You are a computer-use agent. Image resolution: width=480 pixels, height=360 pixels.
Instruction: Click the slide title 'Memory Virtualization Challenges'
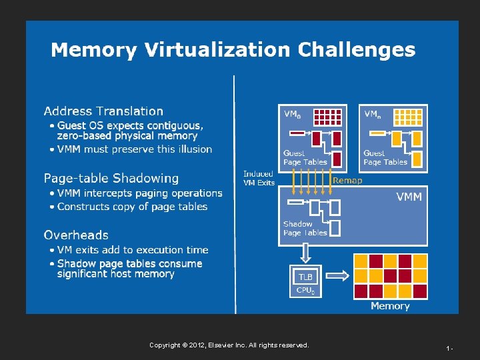233,50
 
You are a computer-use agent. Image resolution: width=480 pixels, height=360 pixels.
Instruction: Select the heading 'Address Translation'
103,111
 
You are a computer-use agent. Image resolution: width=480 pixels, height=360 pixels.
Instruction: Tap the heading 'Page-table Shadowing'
111,178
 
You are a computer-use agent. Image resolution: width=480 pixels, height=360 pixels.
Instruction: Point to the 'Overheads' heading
76,235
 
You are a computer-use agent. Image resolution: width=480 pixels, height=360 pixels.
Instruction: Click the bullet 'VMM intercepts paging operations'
139,193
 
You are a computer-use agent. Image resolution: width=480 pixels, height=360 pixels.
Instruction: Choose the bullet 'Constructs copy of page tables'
132,207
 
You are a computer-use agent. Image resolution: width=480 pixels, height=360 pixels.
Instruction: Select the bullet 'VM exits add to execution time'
133,250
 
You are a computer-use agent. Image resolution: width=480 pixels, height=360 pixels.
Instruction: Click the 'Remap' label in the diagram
347,180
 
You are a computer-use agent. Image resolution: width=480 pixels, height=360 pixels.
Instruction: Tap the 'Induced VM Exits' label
259,178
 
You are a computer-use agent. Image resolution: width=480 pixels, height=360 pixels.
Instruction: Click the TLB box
305,277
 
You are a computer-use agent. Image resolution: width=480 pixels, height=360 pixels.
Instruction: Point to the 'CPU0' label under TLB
305,290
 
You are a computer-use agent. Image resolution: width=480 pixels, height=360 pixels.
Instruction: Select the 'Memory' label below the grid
390,306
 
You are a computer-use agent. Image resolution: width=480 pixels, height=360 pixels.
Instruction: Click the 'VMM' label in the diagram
409,197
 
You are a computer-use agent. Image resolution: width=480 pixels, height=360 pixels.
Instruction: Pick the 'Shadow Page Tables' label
305,229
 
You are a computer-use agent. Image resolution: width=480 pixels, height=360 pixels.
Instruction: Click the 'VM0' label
292,114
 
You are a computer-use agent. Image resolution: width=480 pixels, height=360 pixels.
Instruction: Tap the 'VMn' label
373,114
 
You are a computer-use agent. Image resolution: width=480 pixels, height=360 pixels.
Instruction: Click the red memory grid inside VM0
327,117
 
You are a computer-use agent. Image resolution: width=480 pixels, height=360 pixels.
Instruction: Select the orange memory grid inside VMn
407,117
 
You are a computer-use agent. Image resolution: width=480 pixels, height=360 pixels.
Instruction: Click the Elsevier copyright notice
229,345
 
